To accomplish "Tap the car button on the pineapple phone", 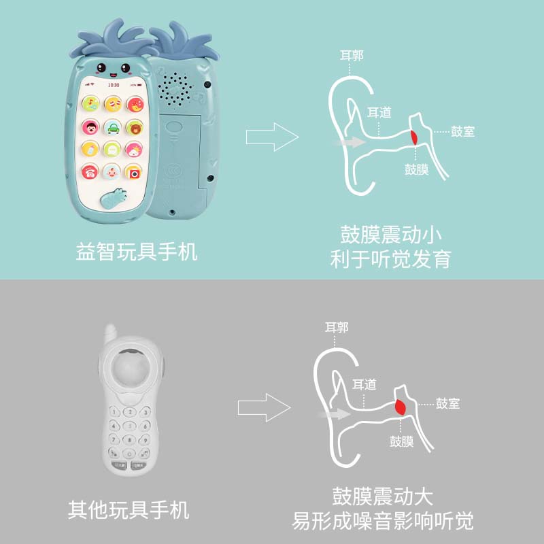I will pyautogui.click(x=113, y=126).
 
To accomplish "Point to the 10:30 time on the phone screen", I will pyautogui.click(x=113, y=85).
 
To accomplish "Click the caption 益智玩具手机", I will pyautogui.click(x=136, y=252).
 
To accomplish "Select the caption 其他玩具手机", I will pyautogui.click(x=129, y=509).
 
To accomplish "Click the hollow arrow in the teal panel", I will pyautogui.click(x=272, y=137).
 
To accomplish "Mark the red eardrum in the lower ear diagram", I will pyautogui.click(x=400, y=407).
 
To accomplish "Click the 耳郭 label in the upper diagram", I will pyautogui.click(x=352, y=55).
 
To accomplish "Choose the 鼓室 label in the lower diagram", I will pyautogui.click(x=448, y=403).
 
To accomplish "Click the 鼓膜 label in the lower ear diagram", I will pyautogui.click(x=401, y=441).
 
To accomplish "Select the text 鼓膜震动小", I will pyautogui.click(x=391, y=235).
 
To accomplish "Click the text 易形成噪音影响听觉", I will pyautogui.click(x=382, y=522).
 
